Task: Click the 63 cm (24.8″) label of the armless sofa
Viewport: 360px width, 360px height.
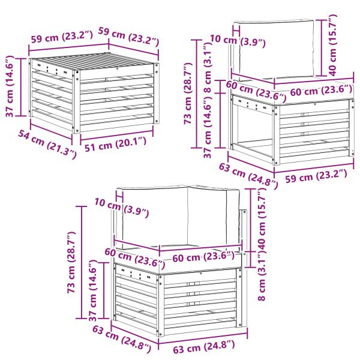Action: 247,174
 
